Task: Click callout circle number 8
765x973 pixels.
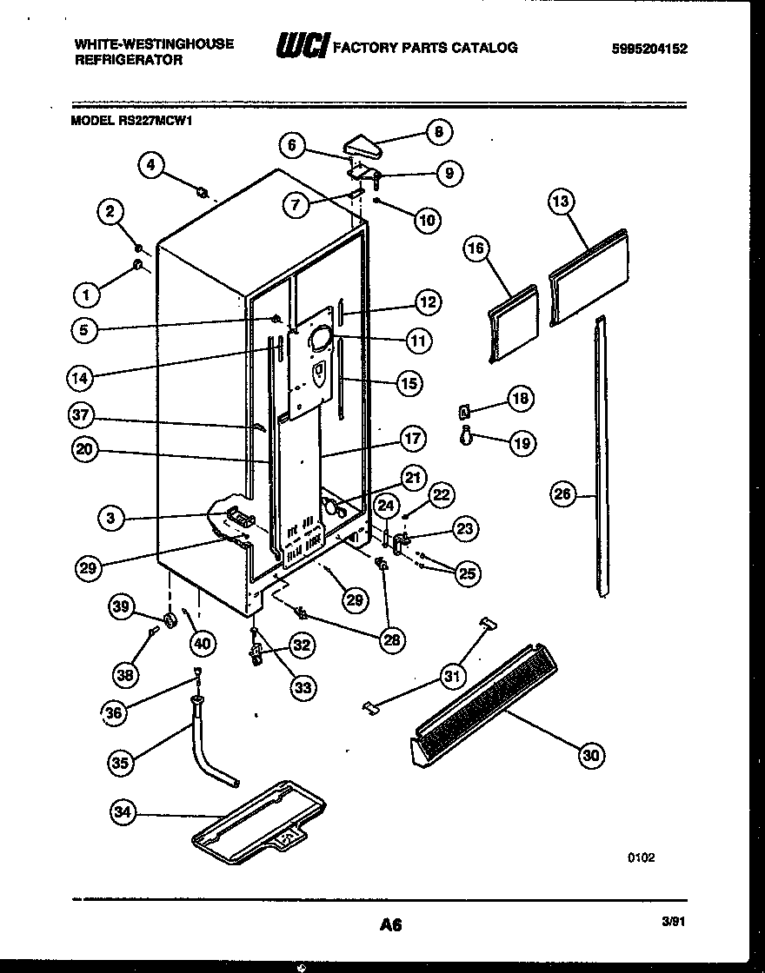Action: tap(438, 132)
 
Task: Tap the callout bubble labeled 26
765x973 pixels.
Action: tap(562, 495)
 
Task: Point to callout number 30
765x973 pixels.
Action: tap(591, 755)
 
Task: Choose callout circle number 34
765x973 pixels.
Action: tap(124, 813)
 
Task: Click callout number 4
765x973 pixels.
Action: tap(152, 165)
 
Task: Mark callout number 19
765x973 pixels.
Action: tap(522, 443)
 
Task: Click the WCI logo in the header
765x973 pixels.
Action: tap(301, 47)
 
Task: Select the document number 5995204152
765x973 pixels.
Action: tap(649, 49)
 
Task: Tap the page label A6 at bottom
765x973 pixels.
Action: tap(390, 925)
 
